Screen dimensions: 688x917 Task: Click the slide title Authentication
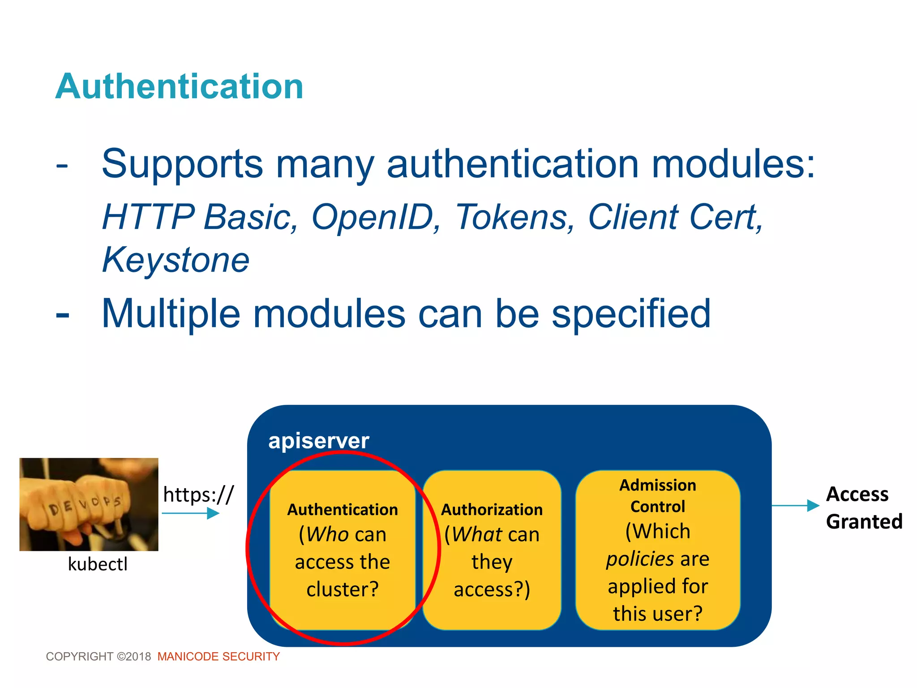click(x=179, y=86)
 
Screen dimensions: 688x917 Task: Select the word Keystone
click(x=176, y=260)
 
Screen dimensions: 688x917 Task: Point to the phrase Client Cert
click(x=674, y=217)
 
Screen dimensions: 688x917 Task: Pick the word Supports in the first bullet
click(x=182, y=164)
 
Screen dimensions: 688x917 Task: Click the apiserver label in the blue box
click(x=318, y=441)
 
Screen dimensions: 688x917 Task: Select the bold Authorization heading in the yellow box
click(x=492, y=509)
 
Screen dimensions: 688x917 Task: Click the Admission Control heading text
click(x=657, y=496)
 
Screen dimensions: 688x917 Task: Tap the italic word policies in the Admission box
click(x=639, y=559)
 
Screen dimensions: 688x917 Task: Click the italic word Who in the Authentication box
click(x=328, y=534)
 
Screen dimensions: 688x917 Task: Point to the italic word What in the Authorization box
click(x=477, y=534)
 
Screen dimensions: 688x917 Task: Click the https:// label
click(x=198, y=494)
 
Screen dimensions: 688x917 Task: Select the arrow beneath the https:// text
click(x=190, y=513)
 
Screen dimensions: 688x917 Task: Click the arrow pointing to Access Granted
click(x=795, y=506)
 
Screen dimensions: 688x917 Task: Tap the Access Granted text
click(x=863, y=508)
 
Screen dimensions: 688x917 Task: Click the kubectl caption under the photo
click(x=98, y=564)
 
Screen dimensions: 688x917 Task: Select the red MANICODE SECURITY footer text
click(x=219, y=656)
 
